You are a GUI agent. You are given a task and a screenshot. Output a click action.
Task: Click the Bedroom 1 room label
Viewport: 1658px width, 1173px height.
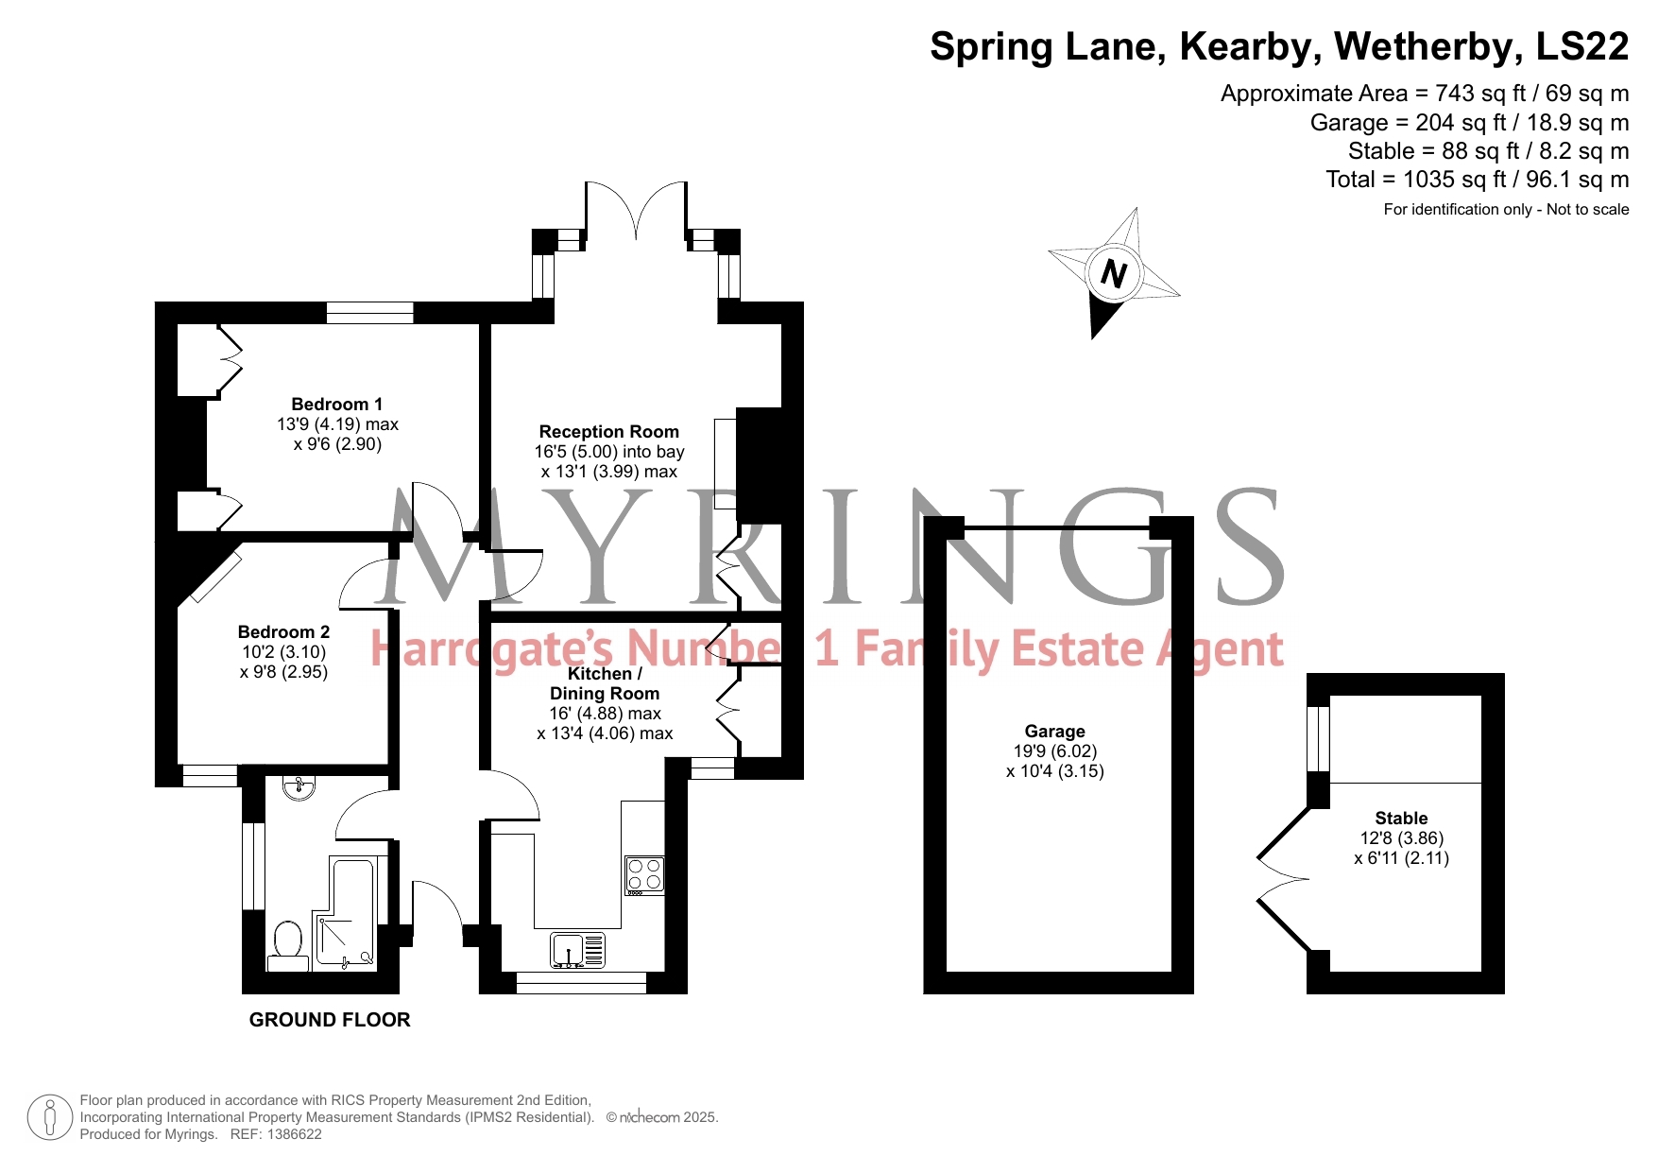(x=337, y=405)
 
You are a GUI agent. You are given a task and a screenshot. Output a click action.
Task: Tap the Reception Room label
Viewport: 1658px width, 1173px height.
(x=608, y=432)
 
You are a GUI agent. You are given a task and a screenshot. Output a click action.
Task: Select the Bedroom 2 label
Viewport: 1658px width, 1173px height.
(x=283, y=632)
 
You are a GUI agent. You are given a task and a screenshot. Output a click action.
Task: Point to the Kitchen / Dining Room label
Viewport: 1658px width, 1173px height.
(x=605, y=683)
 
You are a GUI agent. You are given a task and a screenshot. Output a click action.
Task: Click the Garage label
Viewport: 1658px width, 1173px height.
(x=1054, y=732)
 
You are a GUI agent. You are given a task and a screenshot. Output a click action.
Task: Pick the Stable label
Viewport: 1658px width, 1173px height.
(x=1401, y=819)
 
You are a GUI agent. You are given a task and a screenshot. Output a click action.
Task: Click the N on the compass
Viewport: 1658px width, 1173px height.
(x=1114, y=274)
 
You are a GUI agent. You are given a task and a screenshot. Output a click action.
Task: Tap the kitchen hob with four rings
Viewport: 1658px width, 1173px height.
(x=645, y=875)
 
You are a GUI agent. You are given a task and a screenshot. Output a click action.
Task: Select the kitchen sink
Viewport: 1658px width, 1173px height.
(x=578, y=950)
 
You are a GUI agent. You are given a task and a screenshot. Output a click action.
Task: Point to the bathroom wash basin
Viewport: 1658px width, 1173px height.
(x=299, y=787)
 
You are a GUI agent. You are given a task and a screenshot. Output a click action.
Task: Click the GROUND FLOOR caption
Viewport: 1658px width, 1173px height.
(x=330, y=1020)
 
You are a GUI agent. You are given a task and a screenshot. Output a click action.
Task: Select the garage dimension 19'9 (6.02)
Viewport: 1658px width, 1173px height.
(x=1054, y=751)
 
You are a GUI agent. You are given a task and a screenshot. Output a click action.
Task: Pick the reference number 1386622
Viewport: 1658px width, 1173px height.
(x=291, y=1134)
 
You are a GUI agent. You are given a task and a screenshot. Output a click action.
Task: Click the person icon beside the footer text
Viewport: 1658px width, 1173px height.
(x=50, y=1117)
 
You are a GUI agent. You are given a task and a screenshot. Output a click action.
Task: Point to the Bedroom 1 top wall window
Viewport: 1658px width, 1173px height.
(x=370, y=313)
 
